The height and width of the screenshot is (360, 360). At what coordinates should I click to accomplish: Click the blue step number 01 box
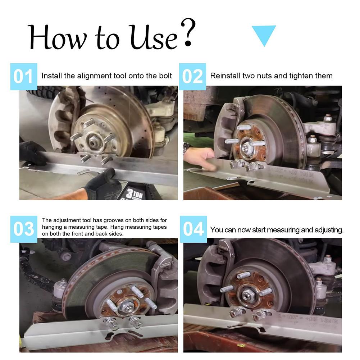(24, 77)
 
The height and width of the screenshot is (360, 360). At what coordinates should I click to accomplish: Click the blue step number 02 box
(192, 77)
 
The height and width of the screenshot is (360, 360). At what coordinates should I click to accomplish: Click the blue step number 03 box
(24, 229)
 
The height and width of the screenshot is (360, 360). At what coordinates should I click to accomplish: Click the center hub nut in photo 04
(247, 296)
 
